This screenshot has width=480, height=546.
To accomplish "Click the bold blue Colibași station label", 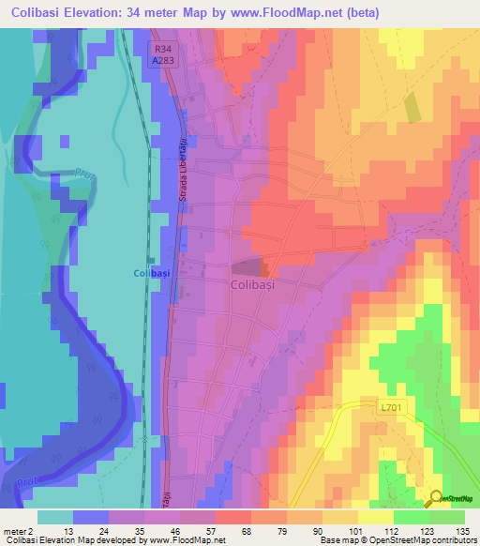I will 150,272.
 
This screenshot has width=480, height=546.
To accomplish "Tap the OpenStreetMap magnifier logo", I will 437,500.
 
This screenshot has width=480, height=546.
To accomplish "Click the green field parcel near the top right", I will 412,108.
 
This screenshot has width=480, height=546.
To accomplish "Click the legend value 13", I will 69,530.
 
